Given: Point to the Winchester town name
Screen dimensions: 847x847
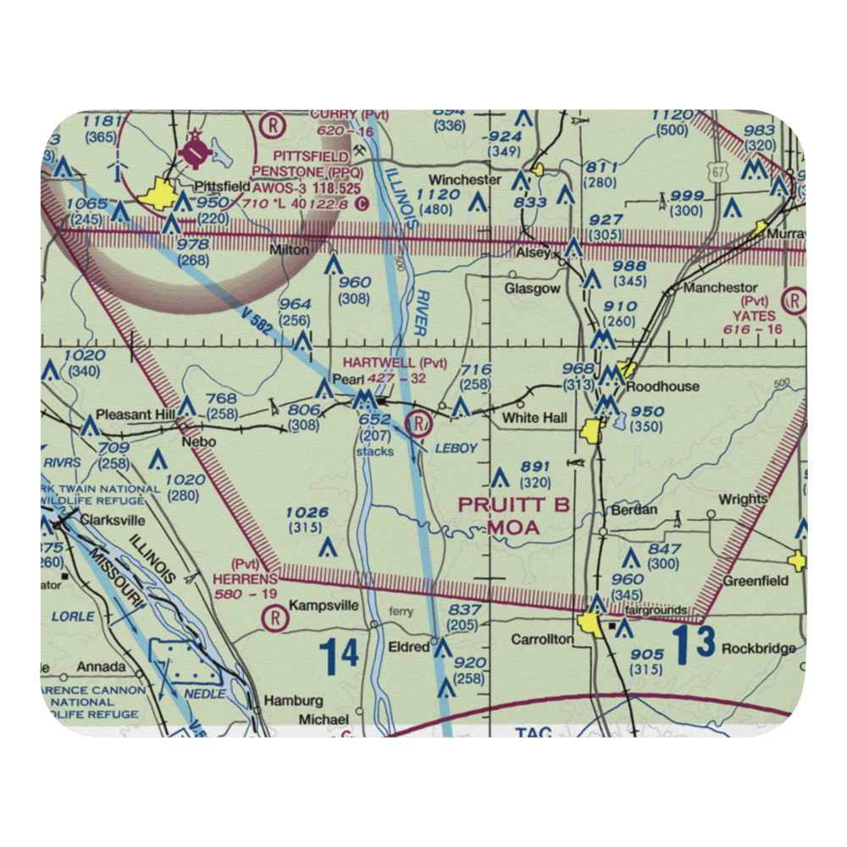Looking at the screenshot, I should coord(465,180).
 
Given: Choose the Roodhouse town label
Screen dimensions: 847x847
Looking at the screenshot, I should coord(662,386).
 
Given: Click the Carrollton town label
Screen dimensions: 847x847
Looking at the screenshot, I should coord(543,639).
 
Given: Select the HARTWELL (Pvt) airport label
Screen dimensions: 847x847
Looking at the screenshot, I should coord(395,363).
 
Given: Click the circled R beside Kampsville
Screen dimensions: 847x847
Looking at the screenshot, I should coord(272,617).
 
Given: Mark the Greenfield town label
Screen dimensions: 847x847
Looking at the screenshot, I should coord(756,581).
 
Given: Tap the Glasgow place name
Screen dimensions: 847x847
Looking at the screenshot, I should coord(533,289).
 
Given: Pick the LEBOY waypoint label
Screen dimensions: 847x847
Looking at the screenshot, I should coord(457,447).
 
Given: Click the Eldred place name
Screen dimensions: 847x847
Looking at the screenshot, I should coord(408,647).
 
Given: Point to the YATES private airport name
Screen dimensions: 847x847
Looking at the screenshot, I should coord(760,314).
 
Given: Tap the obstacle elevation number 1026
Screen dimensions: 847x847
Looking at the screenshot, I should coord(307,512).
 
